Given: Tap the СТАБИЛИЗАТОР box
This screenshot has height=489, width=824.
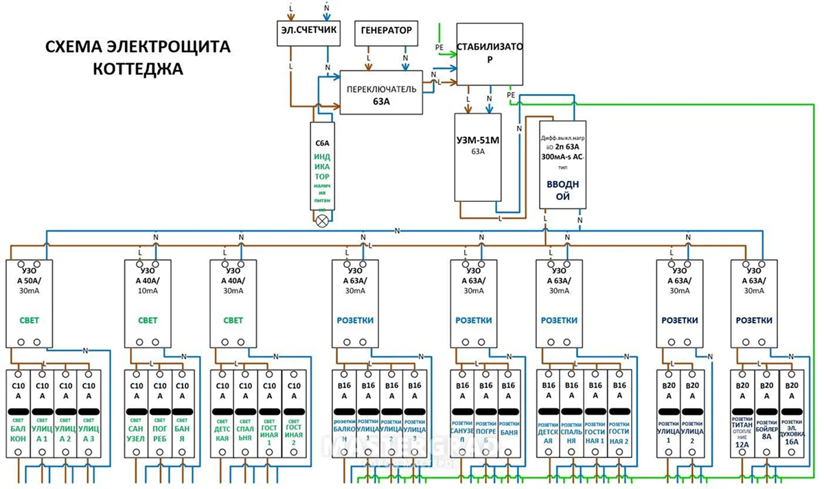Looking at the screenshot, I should click(490, 52).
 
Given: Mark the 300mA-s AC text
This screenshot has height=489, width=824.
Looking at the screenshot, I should click(562, 157).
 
